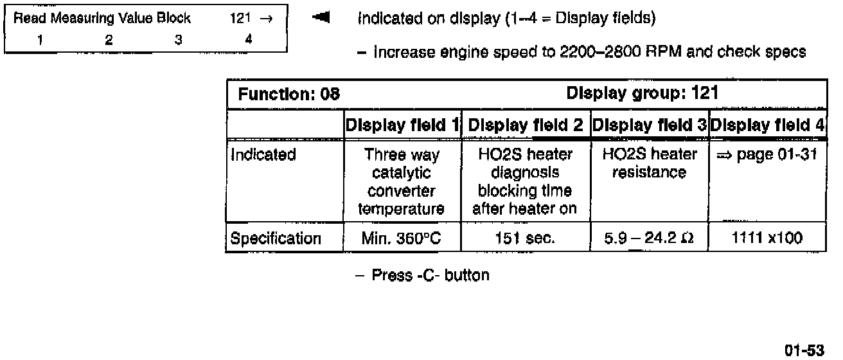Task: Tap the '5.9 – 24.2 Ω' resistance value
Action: pyautogui.click(x=649, y=239)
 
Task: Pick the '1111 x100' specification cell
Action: pyautogui.click(x=767, y=239)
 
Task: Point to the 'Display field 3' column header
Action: pyautogui.click(x=649, y=125)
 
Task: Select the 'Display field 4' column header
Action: pyautogui.click(x=767, y=125)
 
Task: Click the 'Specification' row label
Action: pyautogui.click(x=276, y=239)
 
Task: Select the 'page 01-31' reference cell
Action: pyautogui.click(x=767, y=155)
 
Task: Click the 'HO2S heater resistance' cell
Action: pyautogui.click(x=649, y=163)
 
